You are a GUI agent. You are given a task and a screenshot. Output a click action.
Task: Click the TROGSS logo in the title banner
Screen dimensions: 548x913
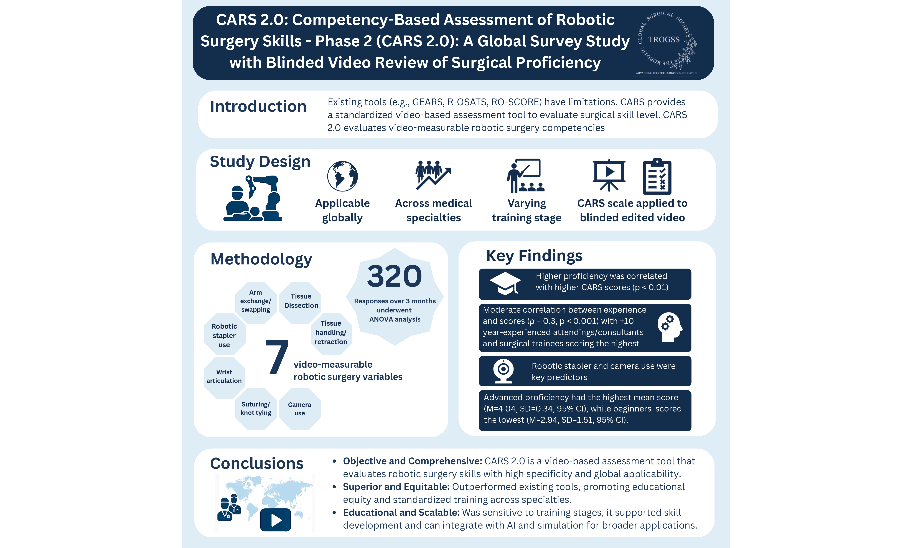[667, 41]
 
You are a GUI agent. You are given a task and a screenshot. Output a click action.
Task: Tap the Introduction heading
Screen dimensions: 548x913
[258, 106]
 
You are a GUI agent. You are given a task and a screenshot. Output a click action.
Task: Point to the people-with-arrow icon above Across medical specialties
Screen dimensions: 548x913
[433, 175]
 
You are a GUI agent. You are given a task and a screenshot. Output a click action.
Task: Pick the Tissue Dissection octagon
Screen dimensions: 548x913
[301, 301]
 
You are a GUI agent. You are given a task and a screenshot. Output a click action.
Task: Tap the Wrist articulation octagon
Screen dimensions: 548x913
[224, 377]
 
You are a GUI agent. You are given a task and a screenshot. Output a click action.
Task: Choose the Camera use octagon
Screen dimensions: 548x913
[300, 409]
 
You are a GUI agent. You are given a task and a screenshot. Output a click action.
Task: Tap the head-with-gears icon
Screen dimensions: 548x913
[669, 328]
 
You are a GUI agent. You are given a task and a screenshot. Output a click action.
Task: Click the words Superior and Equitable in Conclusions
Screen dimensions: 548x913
[396, 487]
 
